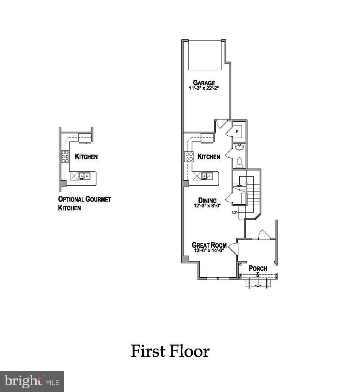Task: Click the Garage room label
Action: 204,83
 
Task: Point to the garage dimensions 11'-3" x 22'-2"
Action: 204,89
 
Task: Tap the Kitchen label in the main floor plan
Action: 209,157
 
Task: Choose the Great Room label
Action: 209,245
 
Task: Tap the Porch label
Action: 258,268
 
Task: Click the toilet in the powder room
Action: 240,162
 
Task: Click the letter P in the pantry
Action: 237,131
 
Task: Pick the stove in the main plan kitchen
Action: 188,157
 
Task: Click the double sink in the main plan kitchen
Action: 206,175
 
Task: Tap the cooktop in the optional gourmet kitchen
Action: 65,156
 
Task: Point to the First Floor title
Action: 170,352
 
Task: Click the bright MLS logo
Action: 32,382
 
